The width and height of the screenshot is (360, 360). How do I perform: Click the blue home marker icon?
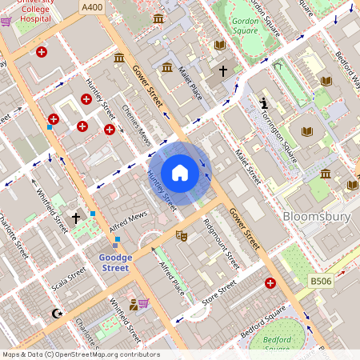click(180, 173)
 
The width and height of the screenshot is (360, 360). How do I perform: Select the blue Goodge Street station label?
click(114, 263)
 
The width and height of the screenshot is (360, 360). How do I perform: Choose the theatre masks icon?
click(182, 235)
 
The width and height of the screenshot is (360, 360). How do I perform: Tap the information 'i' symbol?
click(264, 103)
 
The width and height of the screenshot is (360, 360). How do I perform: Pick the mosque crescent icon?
click(56, 313)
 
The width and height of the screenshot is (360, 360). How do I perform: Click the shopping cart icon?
click(144, 303)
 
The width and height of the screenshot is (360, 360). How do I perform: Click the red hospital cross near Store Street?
click(270, 283)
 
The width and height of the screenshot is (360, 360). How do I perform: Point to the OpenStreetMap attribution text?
click(80, 354)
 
